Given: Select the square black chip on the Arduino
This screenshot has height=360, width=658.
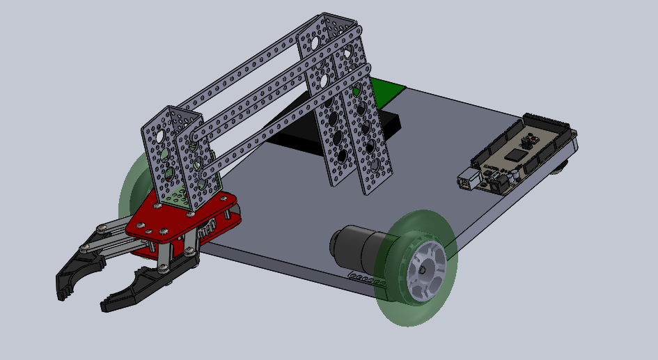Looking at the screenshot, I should pyautogui.click(x=515, y=155).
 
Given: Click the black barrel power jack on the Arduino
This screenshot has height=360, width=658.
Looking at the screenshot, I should pyautogui.click(x=499, y=187).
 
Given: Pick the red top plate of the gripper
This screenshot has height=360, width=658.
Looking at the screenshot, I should pyautogui.click(x=181, y=219).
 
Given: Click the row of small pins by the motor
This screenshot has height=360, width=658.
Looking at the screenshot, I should pyautogui.click(x=368, y=280).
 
